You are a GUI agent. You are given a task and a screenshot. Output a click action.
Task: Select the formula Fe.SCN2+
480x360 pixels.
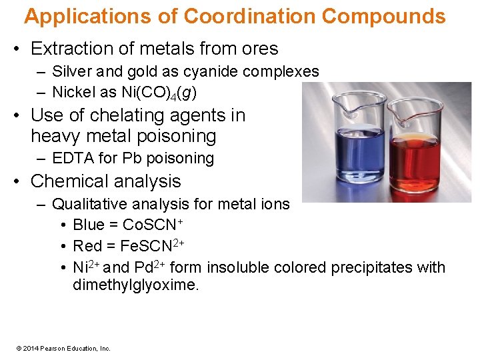click(151, 246)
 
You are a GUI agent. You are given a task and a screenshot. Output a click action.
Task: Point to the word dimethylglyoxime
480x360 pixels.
click(136, 285)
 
